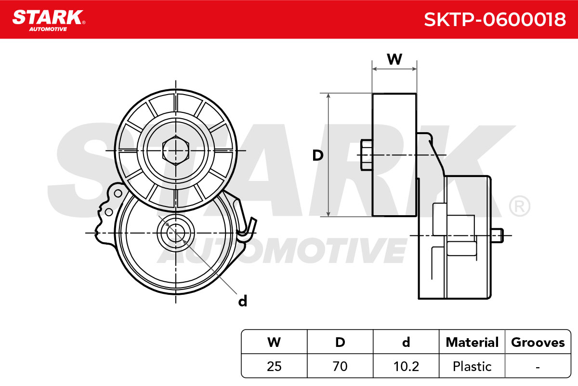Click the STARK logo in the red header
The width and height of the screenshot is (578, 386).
point(49,20)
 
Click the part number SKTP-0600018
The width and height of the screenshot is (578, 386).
point(495,20)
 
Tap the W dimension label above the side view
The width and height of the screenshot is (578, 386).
point(394,59)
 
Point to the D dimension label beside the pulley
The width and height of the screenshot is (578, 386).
point(317,155)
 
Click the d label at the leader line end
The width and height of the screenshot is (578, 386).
point(243,301)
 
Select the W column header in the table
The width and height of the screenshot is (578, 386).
point(274,342)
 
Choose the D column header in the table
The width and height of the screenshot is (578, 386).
point(340,342)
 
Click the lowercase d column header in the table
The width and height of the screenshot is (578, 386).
point(406,342)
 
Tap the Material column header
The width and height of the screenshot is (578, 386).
point(472,342)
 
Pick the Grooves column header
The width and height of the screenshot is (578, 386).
point(538,342)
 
